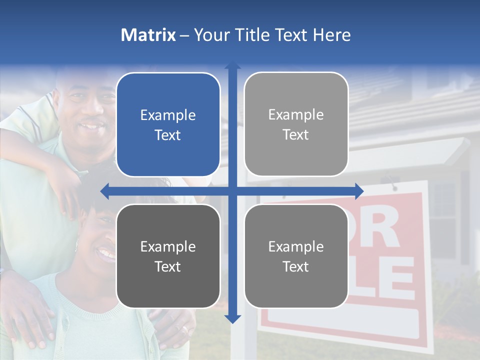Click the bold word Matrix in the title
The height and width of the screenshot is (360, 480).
coord(148,35)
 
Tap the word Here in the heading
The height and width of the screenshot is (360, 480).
coord(332,35)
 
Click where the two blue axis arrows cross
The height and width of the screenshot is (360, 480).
coord(232,191)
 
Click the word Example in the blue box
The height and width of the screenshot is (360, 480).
coord(168,115)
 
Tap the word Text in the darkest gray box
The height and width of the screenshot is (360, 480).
coord(168,266)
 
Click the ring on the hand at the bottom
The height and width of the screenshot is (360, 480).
coord(185,330)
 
